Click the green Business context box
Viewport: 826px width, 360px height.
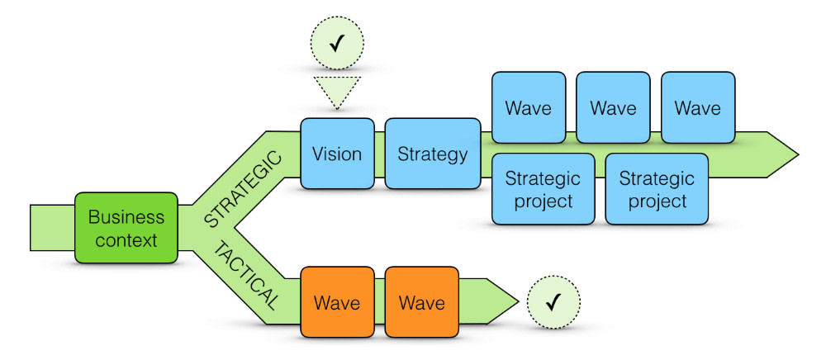click(x=126, y=228)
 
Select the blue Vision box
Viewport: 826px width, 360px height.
click(x=338, y=154)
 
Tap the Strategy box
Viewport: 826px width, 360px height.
click(x=432, y=154)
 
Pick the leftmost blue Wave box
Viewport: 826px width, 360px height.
click(x=529, y=108)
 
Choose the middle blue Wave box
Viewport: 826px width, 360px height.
click(x=613, y=108)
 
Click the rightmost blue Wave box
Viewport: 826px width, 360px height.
click(x=697, y=108)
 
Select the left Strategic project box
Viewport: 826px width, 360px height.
click(x=543, y=189)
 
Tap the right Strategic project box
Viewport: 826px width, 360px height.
click(x=657, y=189)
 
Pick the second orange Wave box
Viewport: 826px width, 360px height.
click(x=422, y=302)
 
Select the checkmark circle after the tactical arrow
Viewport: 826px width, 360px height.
click(x=554, y=302)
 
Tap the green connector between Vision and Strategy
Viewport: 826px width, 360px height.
click(x=380, y=154)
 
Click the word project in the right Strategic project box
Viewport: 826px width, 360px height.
click(x=657, y=201)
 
